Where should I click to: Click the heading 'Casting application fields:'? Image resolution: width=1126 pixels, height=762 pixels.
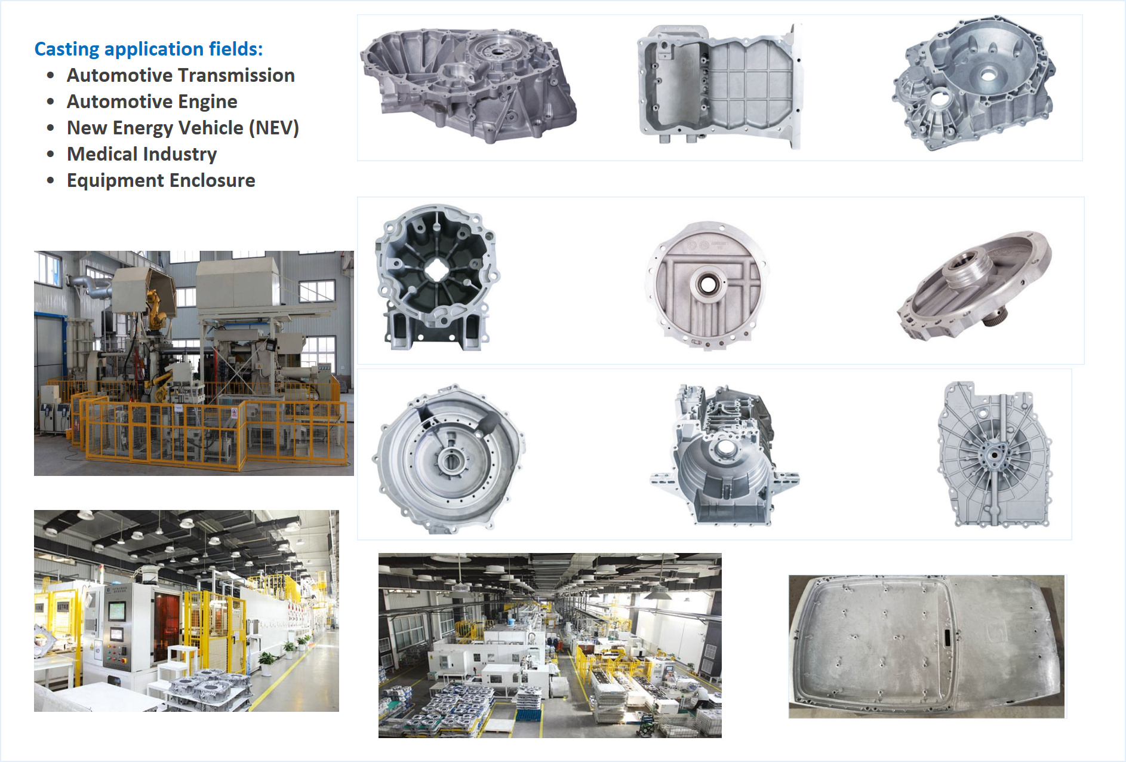(149, 49)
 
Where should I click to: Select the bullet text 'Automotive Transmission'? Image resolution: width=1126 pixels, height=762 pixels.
(181, 75)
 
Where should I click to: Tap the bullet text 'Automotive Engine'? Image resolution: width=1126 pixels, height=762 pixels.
(152, 102)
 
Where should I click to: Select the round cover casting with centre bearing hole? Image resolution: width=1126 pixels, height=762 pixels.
(707, 286)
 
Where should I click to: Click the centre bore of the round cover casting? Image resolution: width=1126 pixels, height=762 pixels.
(708, 285)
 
